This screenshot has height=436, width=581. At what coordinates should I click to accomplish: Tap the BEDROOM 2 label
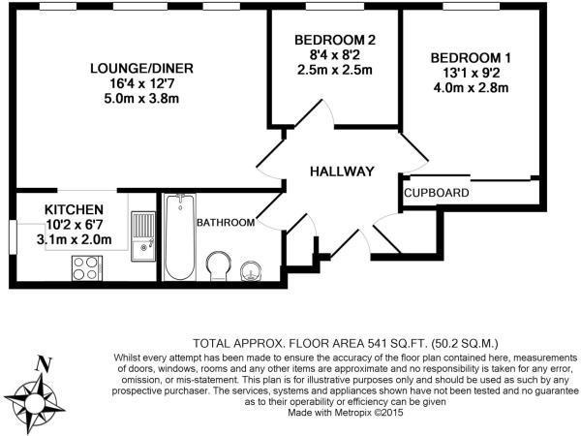click(334, 40)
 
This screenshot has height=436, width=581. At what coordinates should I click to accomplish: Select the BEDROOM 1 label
click(471, 58)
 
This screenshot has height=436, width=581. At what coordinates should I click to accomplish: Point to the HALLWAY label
click(341, 171)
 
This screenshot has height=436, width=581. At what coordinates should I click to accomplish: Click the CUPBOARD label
click(437, 194)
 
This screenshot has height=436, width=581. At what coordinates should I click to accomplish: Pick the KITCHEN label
click(74, 209)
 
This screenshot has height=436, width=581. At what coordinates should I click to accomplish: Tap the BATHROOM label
click(226, 223)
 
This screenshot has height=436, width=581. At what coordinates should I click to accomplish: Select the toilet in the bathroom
click(220, 265)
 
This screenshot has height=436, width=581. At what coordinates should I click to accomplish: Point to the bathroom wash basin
click(254, 268)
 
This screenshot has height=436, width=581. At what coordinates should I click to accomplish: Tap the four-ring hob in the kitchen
click(86, 266)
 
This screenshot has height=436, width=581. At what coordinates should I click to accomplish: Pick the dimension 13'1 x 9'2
click(471, 74)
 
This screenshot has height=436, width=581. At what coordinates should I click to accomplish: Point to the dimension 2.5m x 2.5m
click(334, 71)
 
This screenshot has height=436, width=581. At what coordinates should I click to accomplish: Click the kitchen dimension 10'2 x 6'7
click(74, 224)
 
